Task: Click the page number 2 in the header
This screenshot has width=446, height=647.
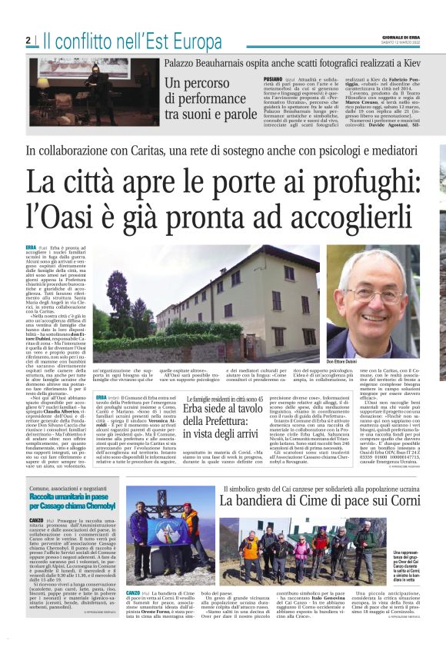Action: point(28,40)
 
